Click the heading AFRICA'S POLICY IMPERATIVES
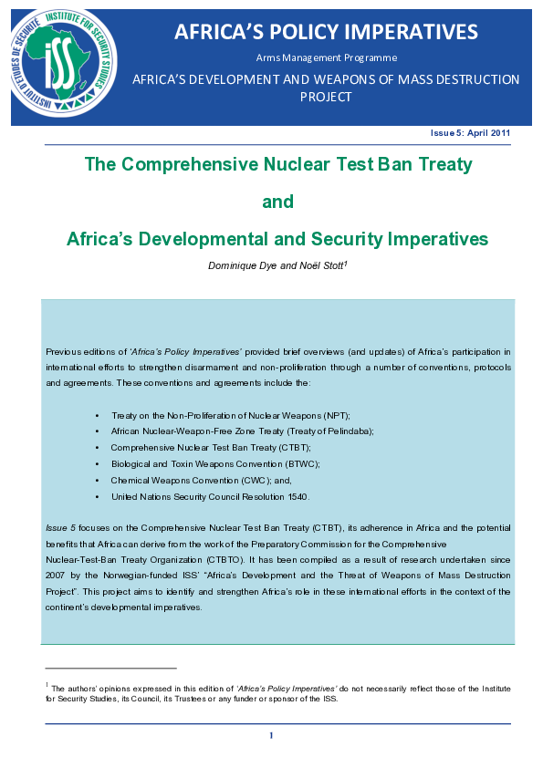pyautogui.click(x=326, y=32)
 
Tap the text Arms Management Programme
pyautogui.click(x=326, y=57)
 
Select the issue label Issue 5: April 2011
pyautogui.click(x=470, y=133)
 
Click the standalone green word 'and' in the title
pyautogui.click(x=277, y=202)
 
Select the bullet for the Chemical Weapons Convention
pyautogui.click(x=97, y=480)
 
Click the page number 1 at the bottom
pyautogui.click(x=271, y=735)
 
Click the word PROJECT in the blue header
pyautogui.click(x=325, y=97)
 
